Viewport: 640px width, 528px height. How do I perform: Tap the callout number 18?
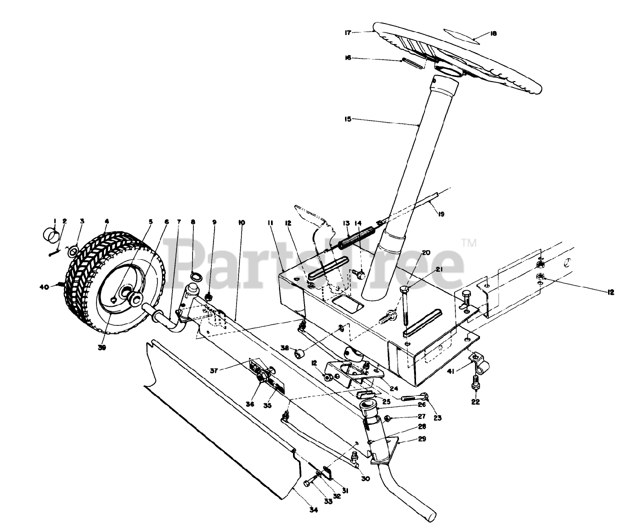click(493, 34)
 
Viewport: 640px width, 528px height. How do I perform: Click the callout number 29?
click(422, 440)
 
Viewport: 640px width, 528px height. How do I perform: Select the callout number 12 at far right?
click(610, 292)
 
